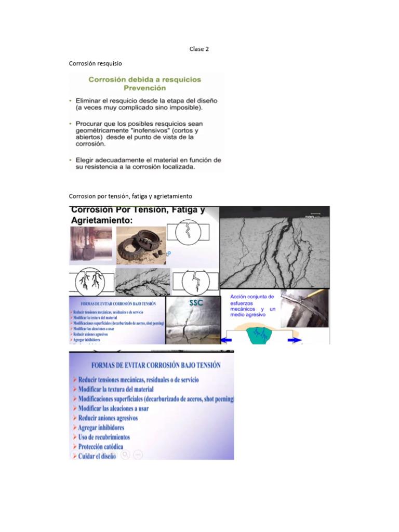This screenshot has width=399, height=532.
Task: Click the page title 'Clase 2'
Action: click(199, 49)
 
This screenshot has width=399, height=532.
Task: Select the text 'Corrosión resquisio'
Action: click(96, 63)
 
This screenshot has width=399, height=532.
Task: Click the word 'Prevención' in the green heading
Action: click(145, 88)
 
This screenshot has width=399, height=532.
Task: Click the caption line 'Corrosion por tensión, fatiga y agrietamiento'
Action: click(130, 196)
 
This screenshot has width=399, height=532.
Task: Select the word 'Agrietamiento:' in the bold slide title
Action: click(101, 220)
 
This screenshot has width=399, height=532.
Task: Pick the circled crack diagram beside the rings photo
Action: click(192, 232)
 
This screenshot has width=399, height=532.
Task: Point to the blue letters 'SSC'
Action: click(196, 303)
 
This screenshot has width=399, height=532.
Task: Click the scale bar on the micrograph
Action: click(315, 212)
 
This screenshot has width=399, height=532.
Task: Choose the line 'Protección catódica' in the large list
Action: click(100, 446)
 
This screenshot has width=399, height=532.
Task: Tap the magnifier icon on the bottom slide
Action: click(125, 455)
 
